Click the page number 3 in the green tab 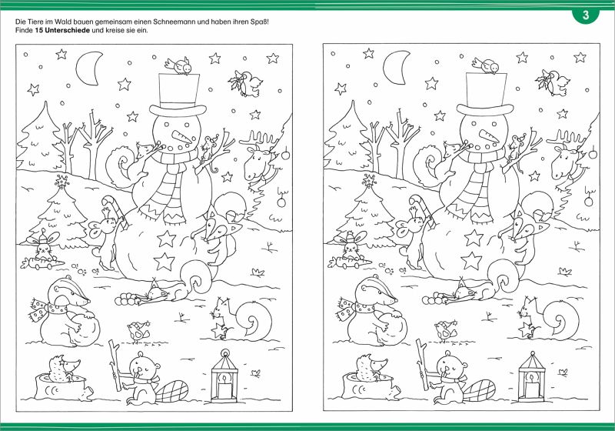[586, 15]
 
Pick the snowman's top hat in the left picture [178, 95]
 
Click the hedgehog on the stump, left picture [64, 368]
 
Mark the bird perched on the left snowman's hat [179, 65]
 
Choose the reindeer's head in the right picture [565, 160]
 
